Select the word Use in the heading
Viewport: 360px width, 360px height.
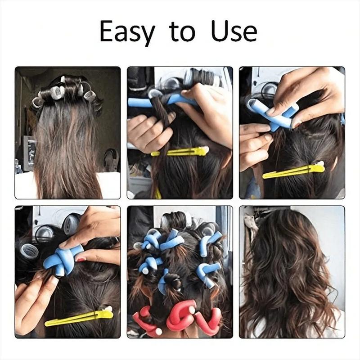coord(234,31)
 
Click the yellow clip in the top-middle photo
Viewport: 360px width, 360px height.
coord(180,152)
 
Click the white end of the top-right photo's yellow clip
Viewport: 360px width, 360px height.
coord(320,165)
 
